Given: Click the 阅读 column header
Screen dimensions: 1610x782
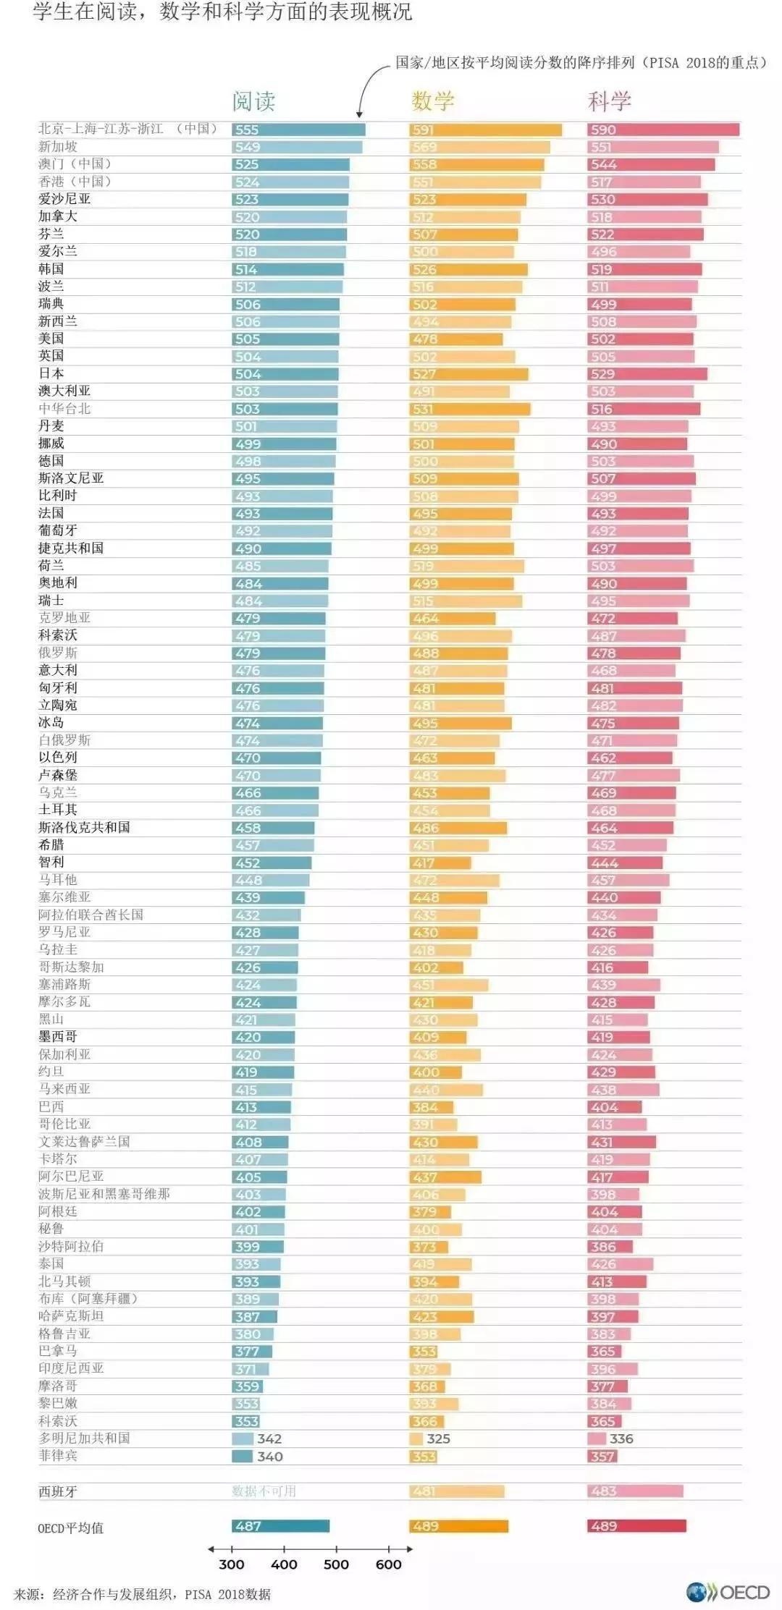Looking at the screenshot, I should (253, 101).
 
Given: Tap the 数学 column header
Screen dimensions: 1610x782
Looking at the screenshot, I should (432, 101).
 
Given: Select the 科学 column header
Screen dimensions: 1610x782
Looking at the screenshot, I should (609, 101).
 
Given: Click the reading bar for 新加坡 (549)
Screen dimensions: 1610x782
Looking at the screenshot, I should (297, 147).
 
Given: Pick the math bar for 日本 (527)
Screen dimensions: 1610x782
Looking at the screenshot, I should (468, 374).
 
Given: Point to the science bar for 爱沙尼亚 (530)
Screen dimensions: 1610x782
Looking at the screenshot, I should (647, 199).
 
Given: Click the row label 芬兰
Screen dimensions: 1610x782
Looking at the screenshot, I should (51, 234).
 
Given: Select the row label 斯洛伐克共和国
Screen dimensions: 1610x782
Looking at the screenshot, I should (84, 827).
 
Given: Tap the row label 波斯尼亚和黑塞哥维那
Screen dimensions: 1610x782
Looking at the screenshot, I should (104, 1194).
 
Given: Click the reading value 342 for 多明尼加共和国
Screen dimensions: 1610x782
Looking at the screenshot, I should (269, 1439).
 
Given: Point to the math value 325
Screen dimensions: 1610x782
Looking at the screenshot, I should (438, 1439).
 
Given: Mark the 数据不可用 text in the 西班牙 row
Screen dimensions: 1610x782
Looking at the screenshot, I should (264, 1491).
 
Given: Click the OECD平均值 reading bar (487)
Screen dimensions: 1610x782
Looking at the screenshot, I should (281, 1526).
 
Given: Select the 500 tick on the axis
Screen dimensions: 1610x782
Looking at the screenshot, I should (336, 1564).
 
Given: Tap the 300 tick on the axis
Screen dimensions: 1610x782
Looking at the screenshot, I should (232, 1564).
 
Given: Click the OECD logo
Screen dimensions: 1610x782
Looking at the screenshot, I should (728, 1592).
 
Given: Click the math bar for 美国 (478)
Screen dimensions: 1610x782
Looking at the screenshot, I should (456, 339).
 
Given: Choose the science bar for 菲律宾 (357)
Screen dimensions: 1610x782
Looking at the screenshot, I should (602, 1456).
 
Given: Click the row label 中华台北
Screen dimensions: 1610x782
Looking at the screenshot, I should (64, 408).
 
